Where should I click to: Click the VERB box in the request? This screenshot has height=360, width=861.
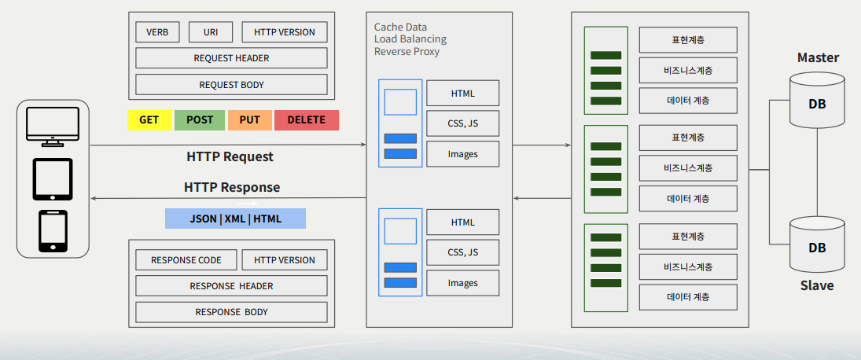click(157, 31)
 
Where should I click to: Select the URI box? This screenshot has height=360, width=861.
click(210, 31)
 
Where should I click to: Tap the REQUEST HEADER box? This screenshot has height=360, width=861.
click(231, 57)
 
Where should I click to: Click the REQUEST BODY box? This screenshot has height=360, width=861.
click(231, 85)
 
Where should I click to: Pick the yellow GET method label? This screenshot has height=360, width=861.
click(149, 120)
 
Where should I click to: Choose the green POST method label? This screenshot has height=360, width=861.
click(200, 120)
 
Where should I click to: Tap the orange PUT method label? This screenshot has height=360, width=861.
click(250, 120)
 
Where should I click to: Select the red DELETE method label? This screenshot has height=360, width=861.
click(307, 120)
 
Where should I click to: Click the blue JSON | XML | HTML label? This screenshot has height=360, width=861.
click(236, 219)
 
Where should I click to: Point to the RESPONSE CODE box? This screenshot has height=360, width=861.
click(186, 260)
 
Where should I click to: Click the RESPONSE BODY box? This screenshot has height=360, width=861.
click(231, 312)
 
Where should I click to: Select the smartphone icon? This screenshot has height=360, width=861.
click(53, 231)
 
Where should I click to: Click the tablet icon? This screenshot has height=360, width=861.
click(53, 179)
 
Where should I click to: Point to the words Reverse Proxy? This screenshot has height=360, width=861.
click(407, 52)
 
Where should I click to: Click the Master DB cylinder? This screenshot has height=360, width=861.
click(817, 101)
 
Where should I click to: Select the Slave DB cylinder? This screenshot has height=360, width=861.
click(817, 244)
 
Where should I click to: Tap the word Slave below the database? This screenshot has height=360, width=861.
click(817, 285)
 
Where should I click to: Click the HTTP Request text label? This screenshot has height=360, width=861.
click(230, 156)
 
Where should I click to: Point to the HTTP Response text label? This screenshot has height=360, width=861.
click(232, 187)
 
